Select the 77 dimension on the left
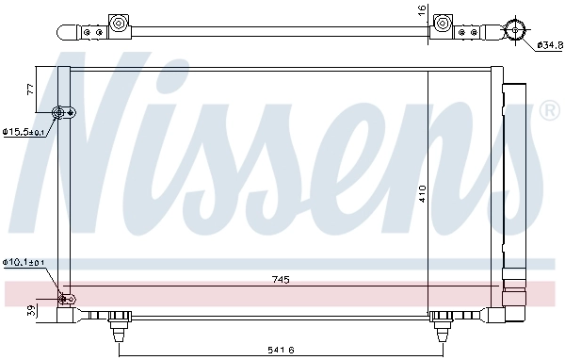[29, 90]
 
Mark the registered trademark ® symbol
[549, 112]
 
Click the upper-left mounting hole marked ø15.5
[63, 114]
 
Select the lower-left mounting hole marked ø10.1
[65, 299]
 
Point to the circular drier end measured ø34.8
[515, 29]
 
